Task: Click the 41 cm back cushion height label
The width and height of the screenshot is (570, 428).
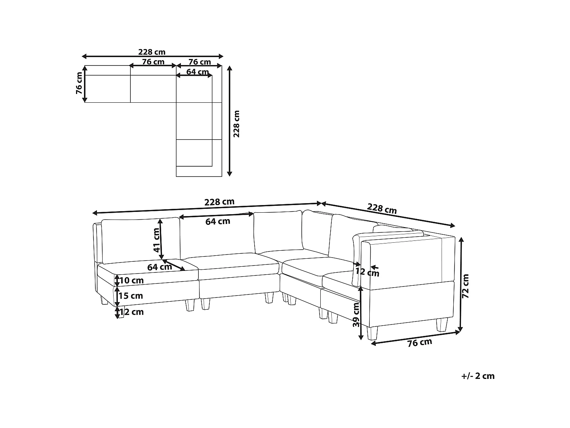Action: point(156,240)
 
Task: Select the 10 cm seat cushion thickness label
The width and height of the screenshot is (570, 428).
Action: point(131,281)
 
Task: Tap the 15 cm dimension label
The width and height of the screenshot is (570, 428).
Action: point(130,296)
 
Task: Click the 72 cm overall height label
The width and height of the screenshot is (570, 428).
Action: point(466,286)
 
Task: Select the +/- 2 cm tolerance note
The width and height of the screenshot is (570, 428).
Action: point(478,376)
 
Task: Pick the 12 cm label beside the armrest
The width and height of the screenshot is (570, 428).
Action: point(367,272)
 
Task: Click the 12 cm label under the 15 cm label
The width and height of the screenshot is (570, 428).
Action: point(131,312)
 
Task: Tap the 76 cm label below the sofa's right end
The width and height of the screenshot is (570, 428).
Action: point(420,343)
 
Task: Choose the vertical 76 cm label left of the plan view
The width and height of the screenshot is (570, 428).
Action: point(79,84)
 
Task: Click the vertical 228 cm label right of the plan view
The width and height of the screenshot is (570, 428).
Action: point(236,124)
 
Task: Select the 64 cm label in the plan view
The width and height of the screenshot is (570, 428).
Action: point(197,72)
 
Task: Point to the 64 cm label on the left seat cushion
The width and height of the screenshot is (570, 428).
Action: point(159,267)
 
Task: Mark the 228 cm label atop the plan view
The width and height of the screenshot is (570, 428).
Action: point(152,52)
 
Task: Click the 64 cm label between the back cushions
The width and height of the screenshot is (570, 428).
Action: point(218,221)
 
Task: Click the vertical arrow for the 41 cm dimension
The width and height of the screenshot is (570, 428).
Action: point(161,239)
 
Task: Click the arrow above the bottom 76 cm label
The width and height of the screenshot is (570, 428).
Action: point(415,338)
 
